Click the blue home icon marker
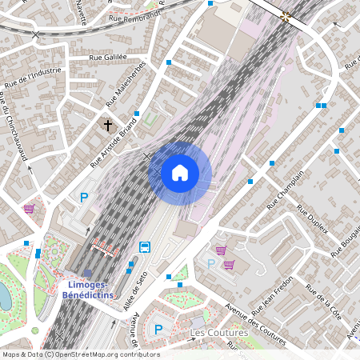(180, 173)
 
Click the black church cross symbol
(108, 126)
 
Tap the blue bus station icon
(145, 246)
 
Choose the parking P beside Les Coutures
(158, 329)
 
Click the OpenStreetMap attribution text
(80, 354)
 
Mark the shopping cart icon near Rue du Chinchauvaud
(30, 209)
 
